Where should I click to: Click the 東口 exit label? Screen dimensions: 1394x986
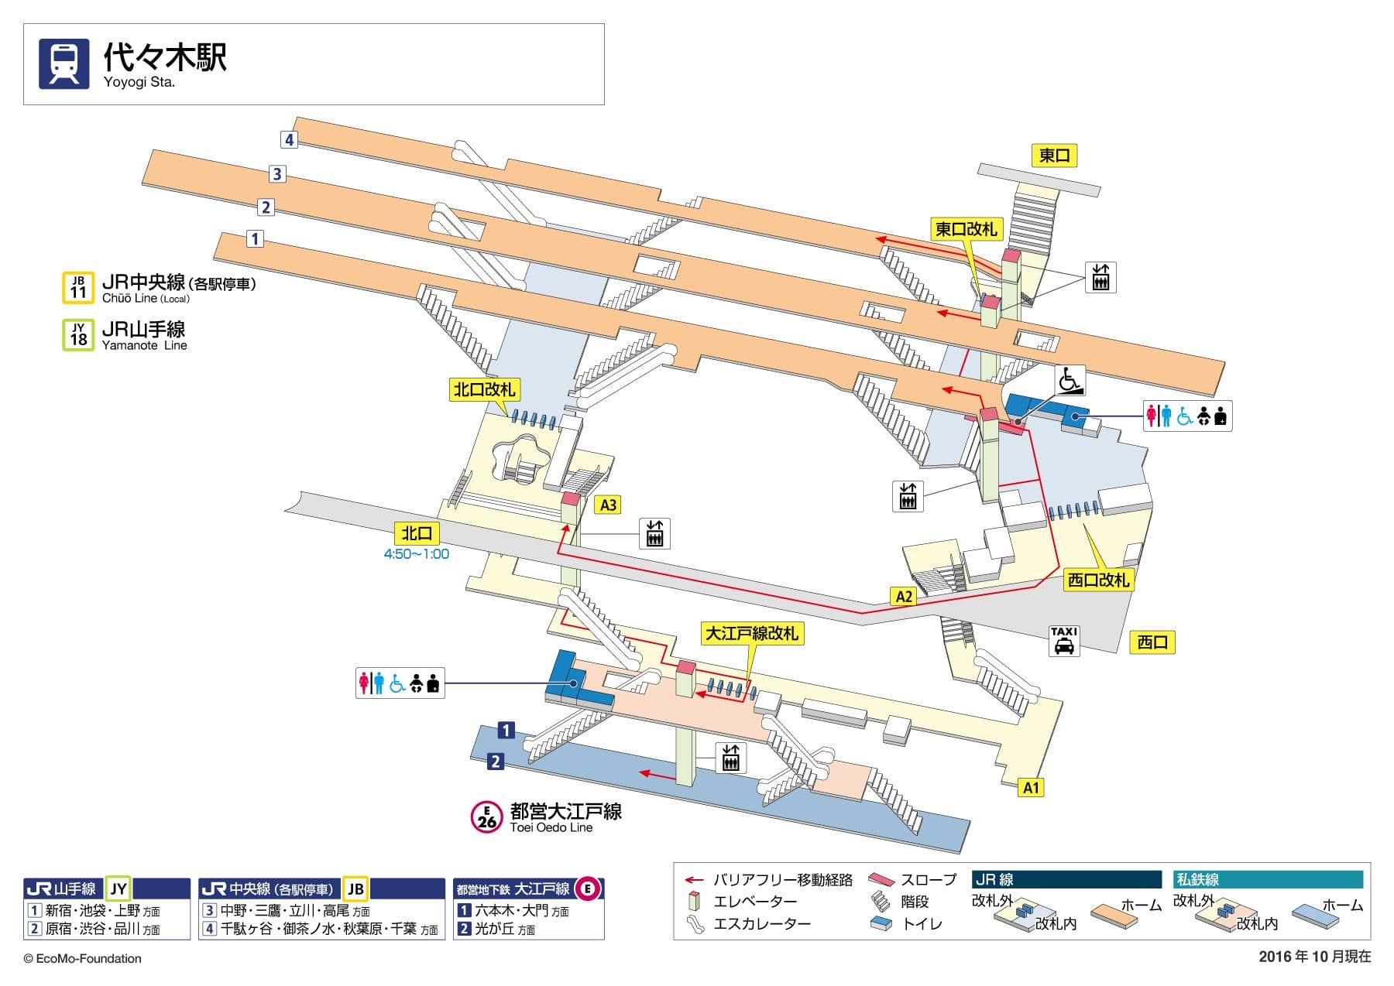[1054, 156]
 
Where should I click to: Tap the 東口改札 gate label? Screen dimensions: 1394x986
[966, 229]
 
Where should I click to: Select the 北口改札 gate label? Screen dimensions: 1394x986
[484, 389]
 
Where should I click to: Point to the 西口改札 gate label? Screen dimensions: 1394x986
[1098, 579]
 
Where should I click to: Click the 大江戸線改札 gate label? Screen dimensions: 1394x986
[751, 633]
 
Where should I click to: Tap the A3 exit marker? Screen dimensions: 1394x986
[609, 505]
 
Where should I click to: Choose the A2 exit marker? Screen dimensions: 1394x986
[904, 596]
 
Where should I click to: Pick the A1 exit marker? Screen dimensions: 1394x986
[1031, 788]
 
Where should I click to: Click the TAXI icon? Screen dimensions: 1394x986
[1064, 641]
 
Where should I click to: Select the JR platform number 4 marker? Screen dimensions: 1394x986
[289, 139]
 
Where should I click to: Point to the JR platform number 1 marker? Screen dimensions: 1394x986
[255, 238]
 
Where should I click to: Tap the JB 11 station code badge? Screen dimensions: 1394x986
[78, 287]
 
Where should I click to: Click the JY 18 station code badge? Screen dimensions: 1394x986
[78, 335]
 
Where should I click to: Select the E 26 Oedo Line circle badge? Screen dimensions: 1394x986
[486, 817]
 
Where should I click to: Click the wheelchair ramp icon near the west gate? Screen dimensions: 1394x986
[1070, 380]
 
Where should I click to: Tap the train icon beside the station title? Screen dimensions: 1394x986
[64, 64]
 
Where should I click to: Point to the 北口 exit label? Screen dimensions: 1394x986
[417, 533]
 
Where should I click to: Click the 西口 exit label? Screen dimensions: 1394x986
[1152, 642]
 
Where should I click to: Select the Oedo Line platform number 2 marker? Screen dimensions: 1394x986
[495, 761]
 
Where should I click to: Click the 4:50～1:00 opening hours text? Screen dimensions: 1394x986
[417, 554]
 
